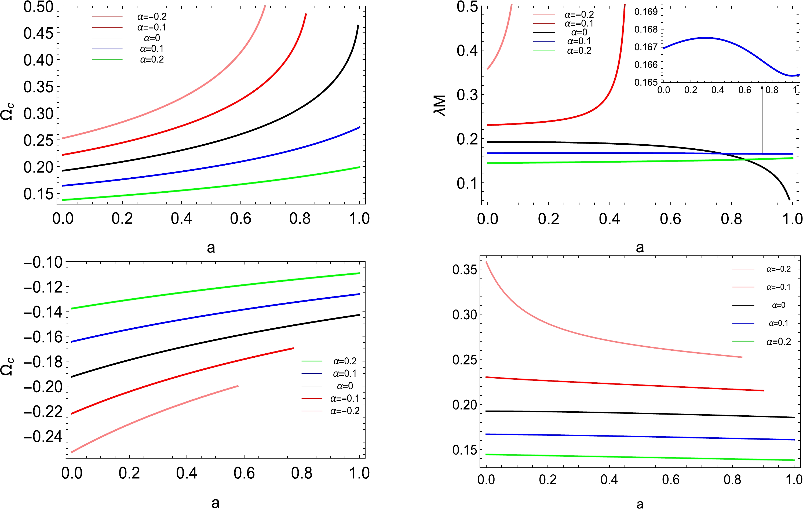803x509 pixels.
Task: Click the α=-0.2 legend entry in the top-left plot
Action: coord(152,17)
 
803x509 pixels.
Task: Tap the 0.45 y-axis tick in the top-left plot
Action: coord(38,33)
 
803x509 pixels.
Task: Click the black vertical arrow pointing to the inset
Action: coord(762,120)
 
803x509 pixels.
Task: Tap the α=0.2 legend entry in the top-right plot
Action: coord(579,51)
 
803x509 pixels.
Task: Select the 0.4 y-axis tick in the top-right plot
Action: coord(467,51)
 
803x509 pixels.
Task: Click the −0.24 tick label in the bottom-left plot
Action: coord(43,436)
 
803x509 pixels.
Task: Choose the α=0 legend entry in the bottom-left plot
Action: coord(345,386)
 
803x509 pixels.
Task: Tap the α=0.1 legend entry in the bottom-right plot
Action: coord(778,323)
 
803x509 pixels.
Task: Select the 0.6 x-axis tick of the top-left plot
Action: coord(240,219)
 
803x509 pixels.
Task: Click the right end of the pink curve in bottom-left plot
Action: coord(238,386)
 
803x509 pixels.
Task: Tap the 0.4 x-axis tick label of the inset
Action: coord(718,90)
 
